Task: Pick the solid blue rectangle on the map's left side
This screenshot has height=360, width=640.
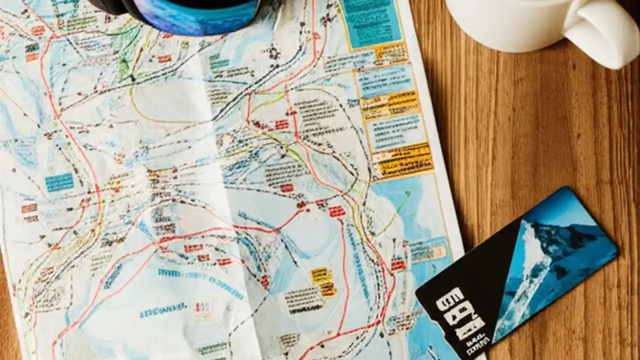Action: coord(59,182)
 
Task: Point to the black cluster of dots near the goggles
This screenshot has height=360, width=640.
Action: coord(272,52)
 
